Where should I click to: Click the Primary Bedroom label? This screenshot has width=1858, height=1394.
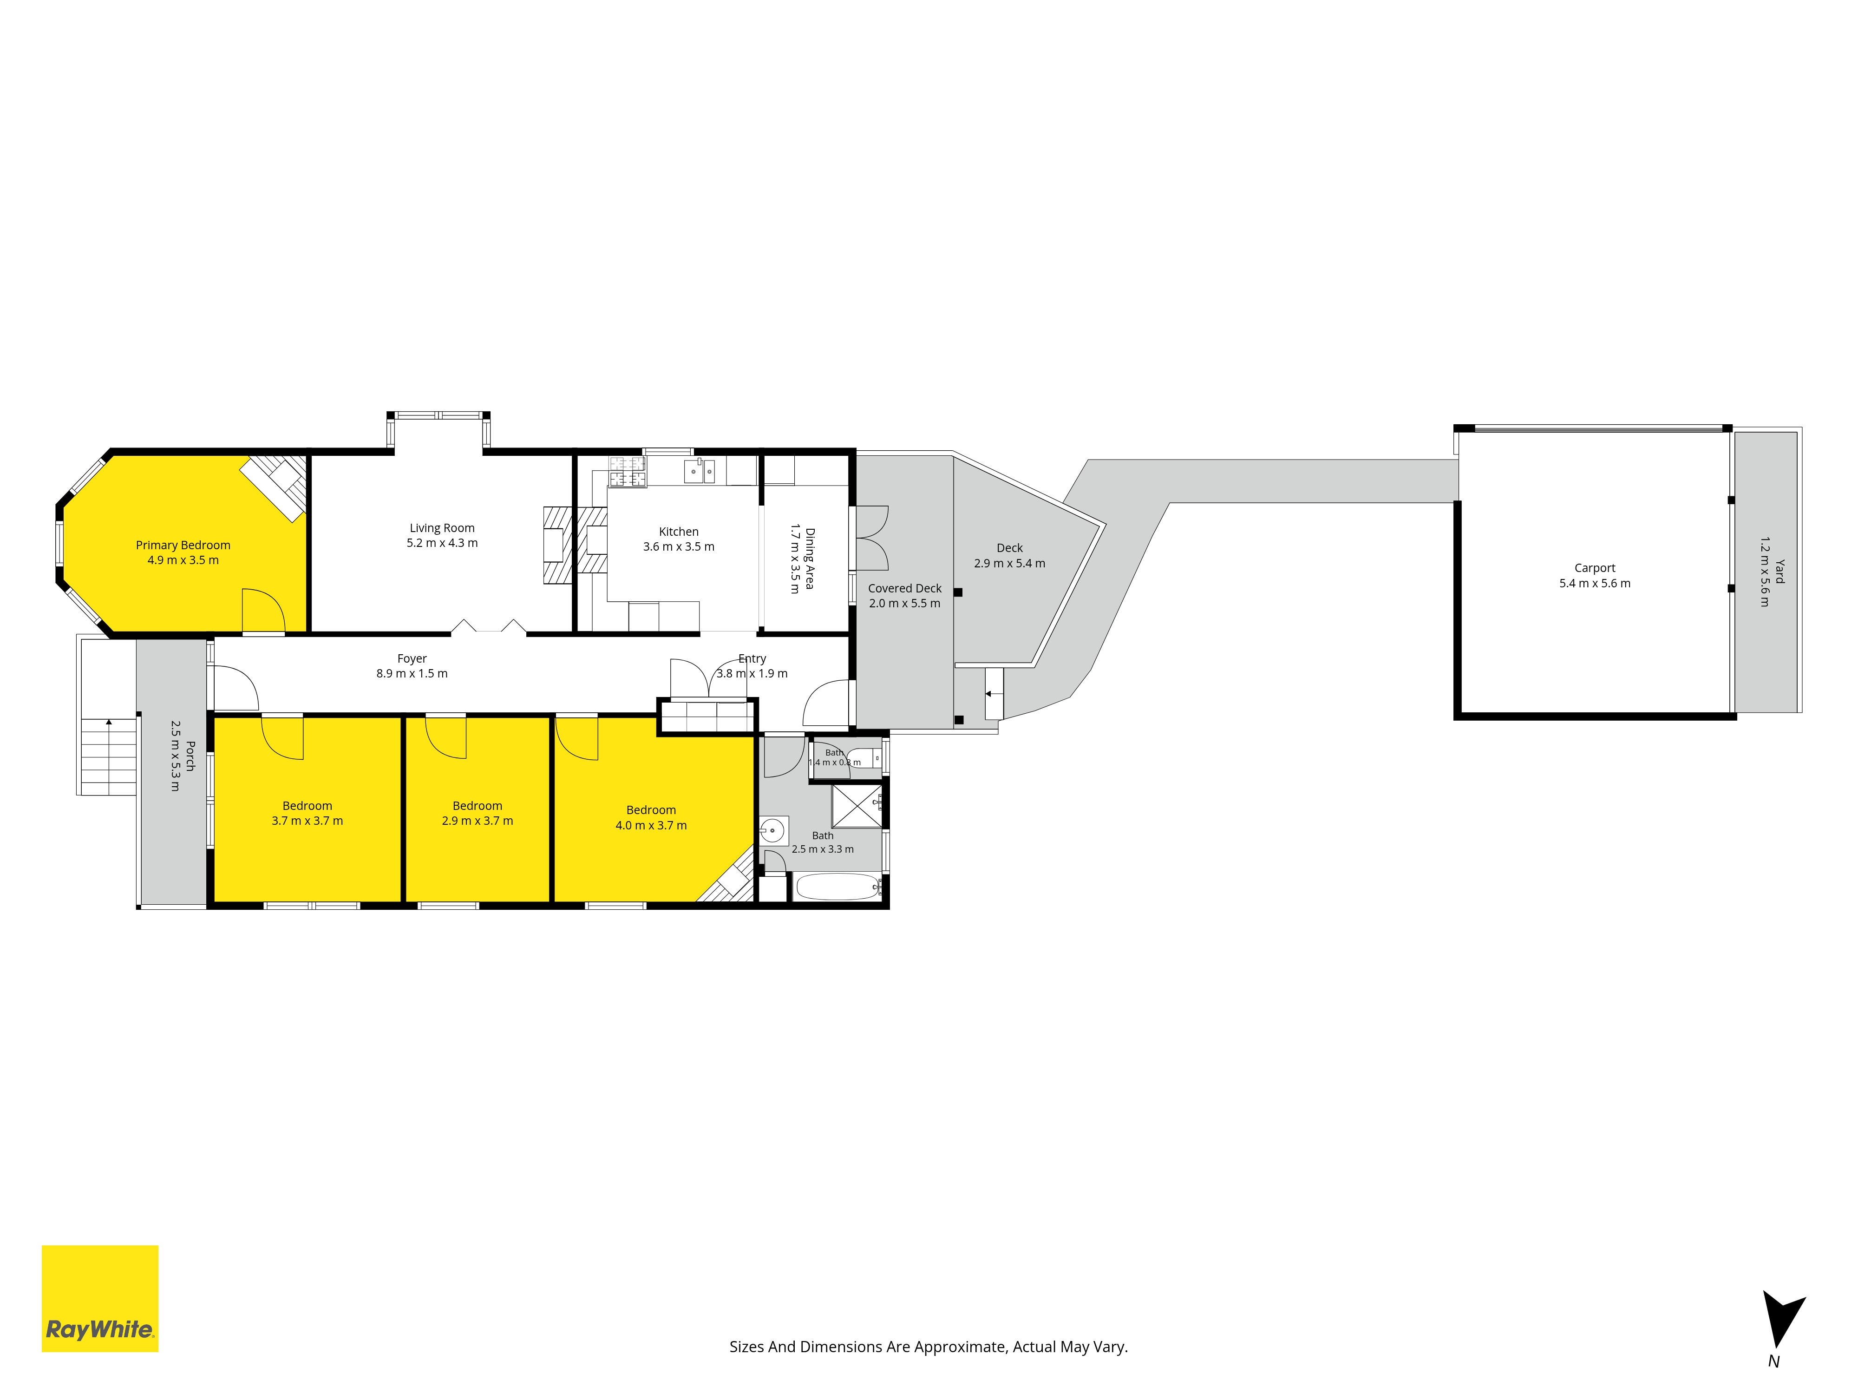(x=183, y=546)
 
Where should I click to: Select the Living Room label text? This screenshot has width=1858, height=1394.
(x=442, y=528)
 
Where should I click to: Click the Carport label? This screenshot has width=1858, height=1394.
(x=1594, y=568)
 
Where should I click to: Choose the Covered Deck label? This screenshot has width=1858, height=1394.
(x=905, y=588)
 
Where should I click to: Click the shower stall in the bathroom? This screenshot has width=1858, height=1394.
(x=857, y=805)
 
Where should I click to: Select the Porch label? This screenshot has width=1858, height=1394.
(x=190, y=756)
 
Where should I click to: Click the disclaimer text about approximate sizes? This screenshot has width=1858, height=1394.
(x=928, y=1347)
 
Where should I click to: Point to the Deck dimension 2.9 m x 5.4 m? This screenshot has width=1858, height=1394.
(x=1010, y=564)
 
